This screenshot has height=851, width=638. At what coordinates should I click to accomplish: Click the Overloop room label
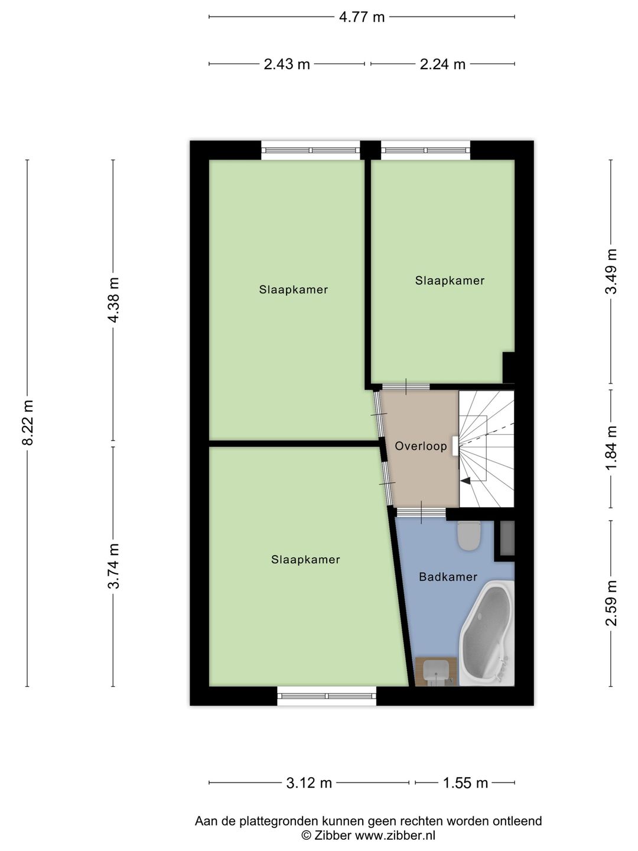[x=421, y=447]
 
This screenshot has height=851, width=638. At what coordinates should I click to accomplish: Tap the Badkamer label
[x=448, y=577]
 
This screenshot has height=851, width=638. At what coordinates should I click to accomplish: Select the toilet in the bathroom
[x=470, y=535]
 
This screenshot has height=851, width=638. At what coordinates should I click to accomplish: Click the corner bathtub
[x=487, y=633]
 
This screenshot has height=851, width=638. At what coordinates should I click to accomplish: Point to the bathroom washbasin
[x=437, y=672]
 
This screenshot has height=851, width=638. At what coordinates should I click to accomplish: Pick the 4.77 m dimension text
[x=362, y=17]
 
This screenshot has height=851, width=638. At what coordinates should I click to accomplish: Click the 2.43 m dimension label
[x=287, y=64]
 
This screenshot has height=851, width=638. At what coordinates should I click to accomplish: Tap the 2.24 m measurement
[x=442, y=64]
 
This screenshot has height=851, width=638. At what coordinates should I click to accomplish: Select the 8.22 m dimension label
[x=27, y=423]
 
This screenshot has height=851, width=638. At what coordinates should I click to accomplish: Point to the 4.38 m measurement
[x=113, y=300]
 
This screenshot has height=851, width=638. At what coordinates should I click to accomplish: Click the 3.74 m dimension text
[x=113, y=566]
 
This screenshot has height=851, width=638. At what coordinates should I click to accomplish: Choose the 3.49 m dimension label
[x=611, y=271]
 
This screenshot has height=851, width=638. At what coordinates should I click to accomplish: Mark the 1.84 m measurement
[x=611, y=448]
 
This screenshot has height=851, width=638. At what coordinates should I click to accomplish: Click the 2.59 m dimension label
[x=611, y=603]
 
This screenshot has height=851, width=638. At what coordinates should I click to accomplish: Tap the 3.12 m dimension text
[x=309, y=783]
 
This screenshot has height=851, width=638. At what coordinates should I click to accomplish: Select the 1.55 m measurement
[x=466, y=783]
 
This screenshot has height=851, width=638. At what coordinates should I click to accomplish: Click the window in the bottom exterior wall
[x=327, y=696]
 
